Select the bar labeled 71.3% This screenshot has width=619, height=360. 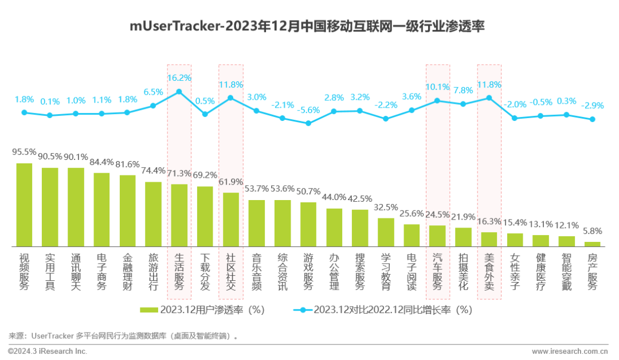point(179,216)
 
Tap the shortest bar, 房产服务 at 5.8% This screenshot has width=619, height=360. point(592,244)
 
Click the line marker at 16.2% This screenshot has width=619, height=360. point(179,92)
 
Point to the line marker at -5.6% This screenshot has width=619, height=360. point(308,123)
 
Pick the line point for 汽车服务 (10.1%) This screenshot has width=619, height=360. point(437,101)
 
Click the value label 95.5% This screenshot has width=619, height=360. point(24,152)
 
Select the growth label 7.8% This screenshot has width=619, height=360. point(463,90)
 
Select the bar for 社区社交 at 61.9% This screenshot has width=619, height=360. point(231,220)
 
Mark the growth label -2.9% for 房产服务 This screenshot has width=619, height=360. point(592,106)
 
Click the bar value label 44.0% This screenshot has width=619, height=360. point(334,197)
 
